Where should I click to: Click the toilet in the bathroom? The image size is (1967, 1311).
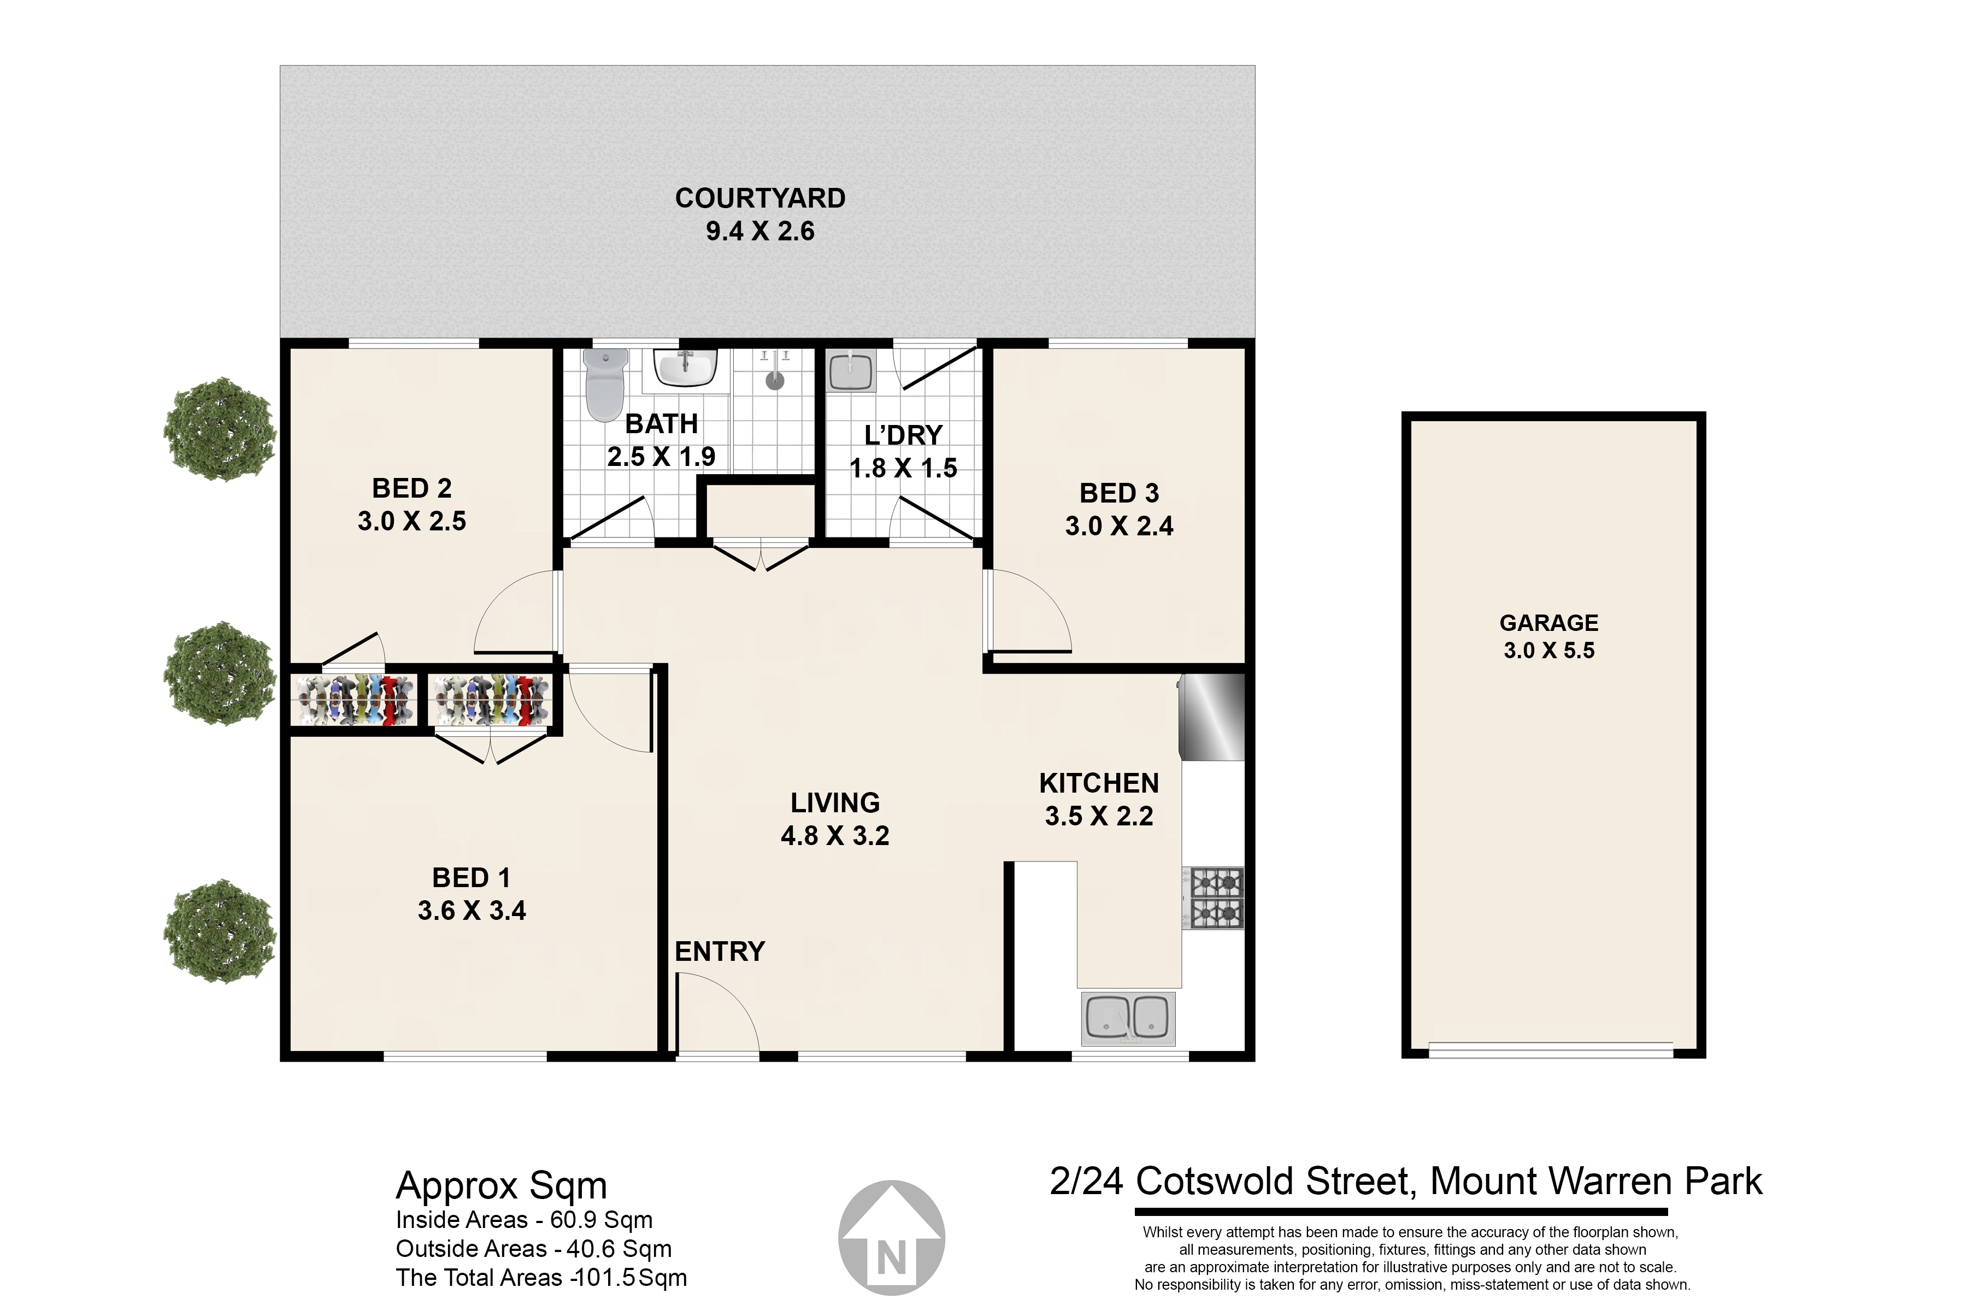pos(605,384)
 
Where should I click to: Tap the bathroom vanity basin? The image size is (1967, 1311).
pos(686,368)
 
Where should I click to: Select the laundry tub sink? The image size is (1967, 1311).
pos(851,370)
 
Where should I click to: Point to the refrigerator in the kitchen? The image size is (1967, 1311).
pos(1212,717)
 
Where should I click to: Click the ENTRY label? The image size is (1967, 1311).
pos(719,952)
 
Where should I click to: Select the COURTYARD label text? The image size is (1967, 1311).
pos(760,198)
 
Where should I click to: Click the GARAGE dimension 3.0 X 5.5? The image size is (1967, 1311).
pos(1549,651)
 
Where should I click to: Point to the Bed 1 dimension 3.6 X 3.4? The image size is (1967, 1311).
pos(472,910)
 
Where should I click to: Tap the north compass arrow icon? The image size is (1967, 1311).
pos(892,1237)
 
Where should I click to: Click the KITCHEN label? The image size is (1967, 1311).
pos(1099,783)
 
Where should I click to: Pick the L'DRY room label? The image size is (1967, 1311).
pos(903,435)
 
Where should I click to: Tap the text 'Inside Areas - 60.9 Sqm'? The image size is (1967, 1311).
pos(525,1220)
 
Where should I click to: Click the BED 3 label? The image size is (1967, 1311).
pos(1119,493)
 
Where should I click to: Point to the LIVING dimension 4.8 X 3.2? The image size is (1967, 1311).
pos(835,835)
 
